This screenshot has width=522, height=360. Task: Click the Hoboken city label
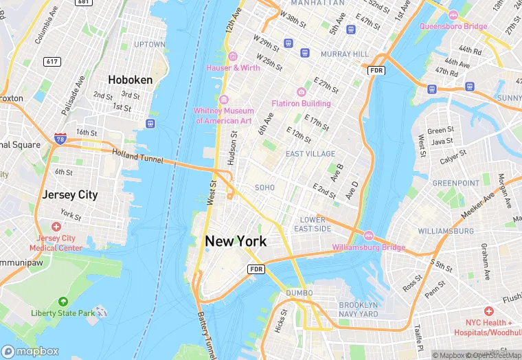click(130, 80)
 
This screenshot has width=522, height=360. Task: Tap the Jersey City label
click(69, 194)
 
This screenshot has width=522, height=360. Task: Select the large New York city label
click(236, 241)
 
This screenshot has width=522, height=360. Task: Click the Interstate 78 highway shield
click(60, 139)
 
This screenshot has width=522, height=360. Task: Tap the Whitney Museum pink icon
click(223, 100)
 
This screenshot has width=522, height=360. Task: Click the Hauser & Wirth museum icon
click(233, 56)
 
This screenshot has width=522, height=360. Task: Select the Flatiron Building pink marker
click(301, 92)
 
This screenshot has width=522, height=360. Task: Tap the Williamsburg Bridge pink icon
click(368, 236)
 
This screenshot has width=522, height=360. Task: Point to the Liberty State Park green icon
click(63, 302)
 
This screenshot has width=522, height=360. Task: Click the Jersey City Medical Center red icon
click(56, 227)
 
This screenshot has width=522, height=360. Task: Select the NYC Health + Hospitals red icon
click(488, 311)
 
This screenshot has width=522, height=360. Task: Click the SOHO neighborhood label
click(264, 187)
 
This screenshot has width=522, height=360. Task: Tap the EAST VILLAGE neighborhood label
click(310, 154)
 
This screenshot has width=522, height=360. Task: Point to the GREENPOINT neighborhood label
click(455, 183)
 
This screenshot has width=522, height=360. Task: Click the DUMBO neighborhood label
click(299, 293)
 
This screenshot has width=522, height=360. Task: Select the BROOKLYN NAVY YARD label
click(358, 309)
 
